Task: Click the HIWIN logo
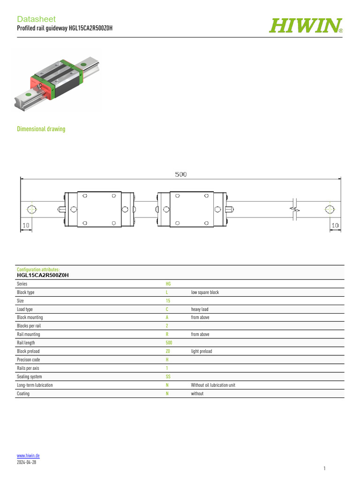pyautogui.click(x=305, y=26)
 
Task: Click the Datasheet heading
pyautogui.click(x=36, y=19)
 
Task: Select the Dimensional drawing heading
pyautogui.click(x=41, y=129)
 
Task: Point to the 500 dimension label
pyautogui.click(x=181, y=174)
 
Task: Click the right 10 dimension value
pyautogui.click(x=335, y=225)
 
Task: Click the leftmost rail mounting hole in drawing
pyautogui.click(x=31, y=209)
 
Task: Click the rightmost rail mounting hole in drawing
pyautogui.click(x=330, y=209)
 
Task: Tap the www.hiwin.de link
pyautogui.click(x=28, y=456)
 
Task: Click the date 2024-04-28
pyautogui.click(x=26, y=462)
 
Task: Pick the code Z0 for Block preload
pyautogui.click(x=168, y=351)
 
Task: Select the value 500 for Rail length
pyautogui.click(x=169, y=343)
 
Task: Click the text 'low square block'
pyautogui.click(x=205, y=292)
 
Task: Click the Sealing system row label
pyautogui.click(x=29, y=376)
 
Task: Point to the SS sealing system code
pyautogui.click(x=168, y=376)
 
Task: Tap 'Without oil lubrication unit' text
pyautogui.click(x=213, y=385)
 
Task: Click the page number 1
pyautogui.click(x=324, y=468)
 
